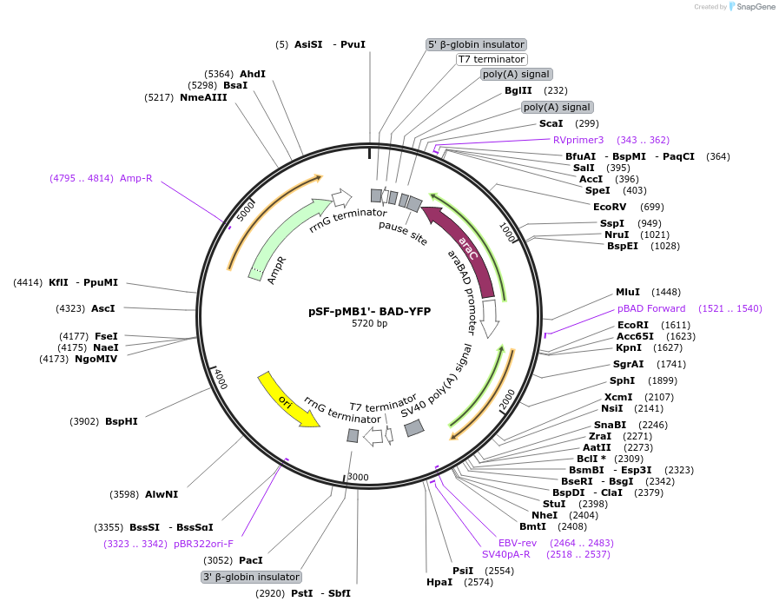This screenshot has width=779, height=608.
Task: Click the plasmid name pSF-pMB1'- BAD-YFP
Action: pos(369,311)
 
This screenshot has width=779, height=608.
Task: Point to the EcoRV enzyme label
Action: pos(609,207)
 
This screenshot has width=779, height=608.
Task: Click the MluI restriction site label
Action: pos(627,292)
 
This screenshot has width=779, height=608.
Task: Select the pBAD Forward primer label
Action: pos(651,308)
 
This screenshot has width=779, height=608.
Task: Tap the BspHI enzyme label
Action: pos(121,421)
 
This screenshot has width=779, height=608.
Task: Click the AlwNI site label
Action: pos(162,494)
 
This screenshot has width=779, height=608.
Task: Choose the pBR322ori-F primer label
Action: pos(203,544)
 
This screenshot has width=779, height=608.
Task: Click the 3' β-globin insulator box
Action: pos(251,577)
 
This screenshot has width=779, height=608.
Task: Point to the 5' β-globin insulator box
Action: pos(477,44)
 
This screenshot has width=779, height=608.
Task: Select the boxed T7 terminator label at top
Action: pos(491,59)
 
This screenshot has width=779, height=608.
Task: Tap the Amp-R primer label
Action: pos(135,178)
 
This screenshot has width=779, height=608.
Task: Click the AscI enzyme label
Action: pos(102,307)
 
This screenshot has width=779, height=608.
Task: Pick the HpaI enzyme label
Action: pos(439,582)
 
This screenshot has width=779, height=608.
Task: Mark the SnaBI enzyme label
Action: pos(610,424)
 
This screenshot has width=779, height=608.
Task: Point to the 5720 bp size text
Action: pos(369,324)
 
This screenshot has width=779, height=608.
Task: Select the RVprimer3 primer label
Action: pos(578,140)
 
